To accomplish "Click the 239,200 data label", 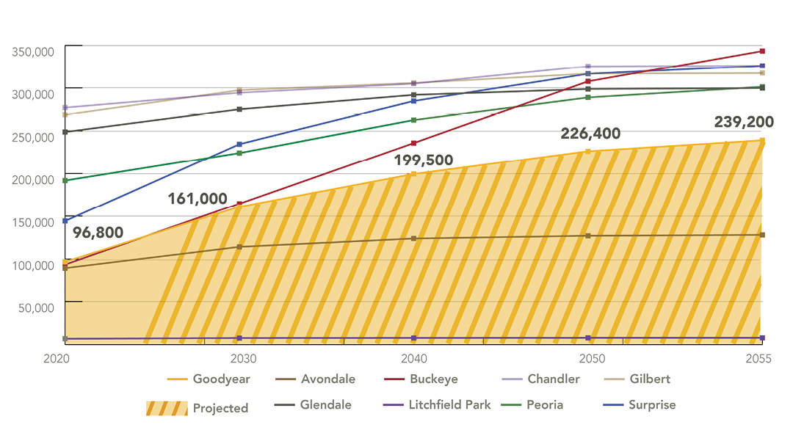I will click(744, 122).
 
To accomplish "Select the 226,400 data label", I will click(590, 134).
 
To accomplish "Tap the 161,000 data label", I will click(198, 198).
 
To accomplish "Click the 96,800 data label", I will click(98, 233).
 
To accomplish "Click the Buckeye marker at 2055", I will click(762, 51).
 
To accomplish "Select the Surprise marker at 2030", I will click(239, 145).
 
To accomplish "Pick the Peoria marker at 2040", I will click(413, 120).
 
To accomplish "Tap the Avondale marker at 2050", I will click(587, 236).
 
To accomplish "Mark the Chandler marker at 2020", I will click(65, 108).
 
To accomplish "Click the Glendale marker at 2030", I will click(239, 109).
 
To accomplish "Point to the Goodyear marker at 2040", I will click(413, 174).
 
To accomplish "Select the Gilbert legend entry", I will click(649, 379).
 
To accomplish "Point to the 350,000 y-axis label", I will click(32, 51).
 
